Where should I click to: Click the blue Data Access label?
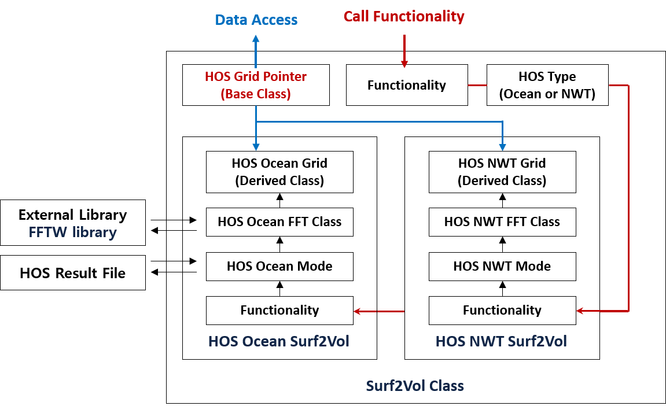(256, 20)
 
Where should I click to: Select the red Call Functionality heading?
(404, 16)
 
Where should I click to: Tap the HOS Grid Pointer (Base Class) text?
(256, 85)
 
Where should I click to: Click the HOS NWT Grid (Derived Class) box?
(502, 172)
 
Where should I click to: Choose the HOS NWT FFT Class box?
(502, 222)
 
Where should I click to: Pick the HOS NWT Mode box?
(502, 267)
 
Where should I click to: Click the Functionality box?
(502, 311)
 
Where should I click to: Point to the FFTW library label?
(73, 232)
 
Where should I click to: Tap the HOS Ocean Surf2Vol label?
(278, 341)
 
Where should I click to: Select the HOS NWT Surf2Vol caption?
(501, 341)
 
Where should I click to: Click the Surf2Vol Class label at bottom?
(415, 385)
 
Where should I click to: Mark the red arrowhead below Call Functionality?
(404, 64)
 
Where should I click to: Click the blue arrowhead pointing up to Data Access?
(256, 39)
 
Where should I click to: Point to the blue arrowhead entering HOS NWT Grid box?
(502, 146)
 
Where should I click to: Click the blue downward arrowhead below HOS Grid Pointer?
(256, 147)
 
